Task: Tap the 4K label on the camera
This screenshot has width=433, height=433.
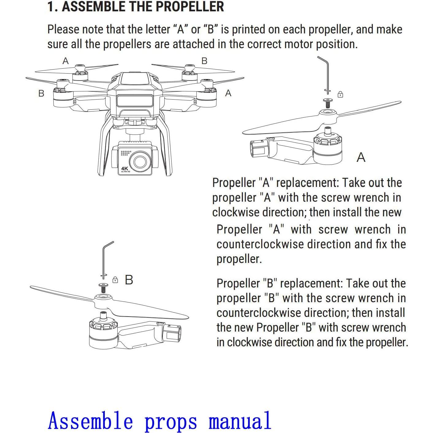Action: coord(125,169)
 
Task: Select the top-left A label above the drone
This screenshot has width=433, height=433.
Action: coord(65,61)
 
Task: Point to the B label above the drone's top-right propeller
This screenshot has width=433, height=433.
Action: coord(204,61)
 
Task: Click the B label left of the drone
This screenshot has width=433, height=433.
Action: coord(41,93)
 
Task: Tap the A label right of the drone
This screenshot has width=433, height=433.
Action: coord(228,93)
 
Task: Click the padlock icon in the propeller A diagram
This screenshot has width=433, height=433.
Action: coord(340,94)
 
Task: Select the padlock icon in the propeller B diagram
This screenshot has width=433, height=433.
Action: coord(115,280)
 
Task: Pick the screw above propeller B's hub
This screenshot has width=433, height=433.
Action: coord(103,287)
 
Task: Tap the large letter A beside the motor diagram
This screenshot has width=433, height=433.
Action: coord(361,158)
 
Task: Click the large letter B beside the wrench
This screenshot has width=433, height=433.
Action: coord(129,280)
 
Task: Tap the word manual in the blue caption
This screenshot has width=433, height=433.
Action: coord(240,421)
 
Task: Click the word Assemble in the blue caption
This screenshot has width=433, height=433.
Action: coord(90,421)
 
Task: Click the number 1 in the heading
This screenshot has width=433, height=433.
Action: coord(51,7)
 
